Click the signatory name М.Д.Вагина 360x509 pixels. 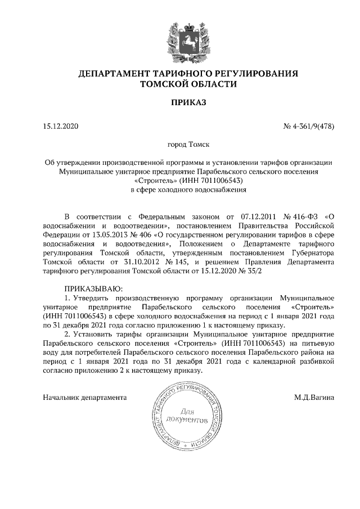tap(314, 397)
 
